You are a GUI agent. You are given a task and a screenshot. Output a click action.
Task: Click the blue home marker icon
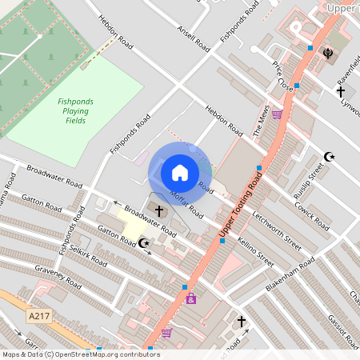click(x=180, y=172)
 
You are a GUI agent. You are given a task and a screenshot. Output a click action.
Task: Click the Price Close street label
click(x=281, y=76)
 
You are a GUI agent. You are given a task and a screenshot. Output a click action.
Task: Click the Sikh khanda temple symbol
click(x=326, y=55)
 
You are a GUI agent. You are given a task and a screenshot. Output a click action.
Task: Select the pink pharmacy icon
click(x=191, y=298)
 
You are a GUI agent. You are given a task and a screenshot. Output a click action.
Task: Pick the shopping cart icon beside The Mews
click(x=276, y=114)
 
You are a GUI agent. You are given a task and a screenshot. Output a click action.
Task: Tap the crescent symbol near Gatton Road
click(x=144, y=242)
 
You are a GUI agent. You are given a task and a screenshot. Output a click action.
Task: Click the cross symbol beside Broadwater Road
click(x=158, y=211)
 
